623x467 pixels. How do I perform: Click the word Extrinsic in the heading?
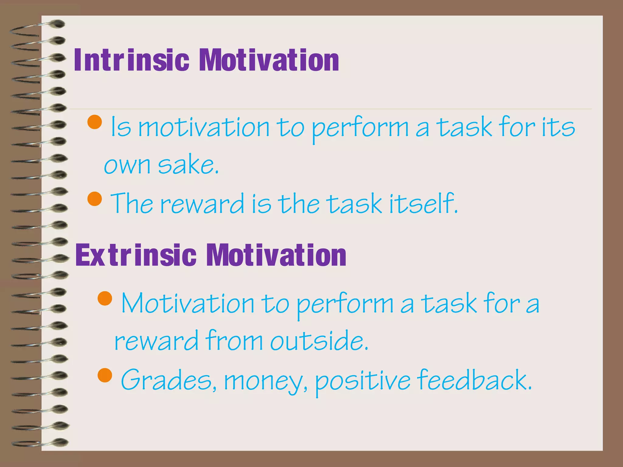136,255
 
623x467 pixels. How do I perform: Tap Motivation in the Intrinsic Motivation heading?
269,61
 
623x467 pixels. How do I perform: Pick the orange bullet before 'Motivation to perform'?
105,298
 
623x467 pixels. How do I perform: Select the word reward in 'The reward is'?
202,203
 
